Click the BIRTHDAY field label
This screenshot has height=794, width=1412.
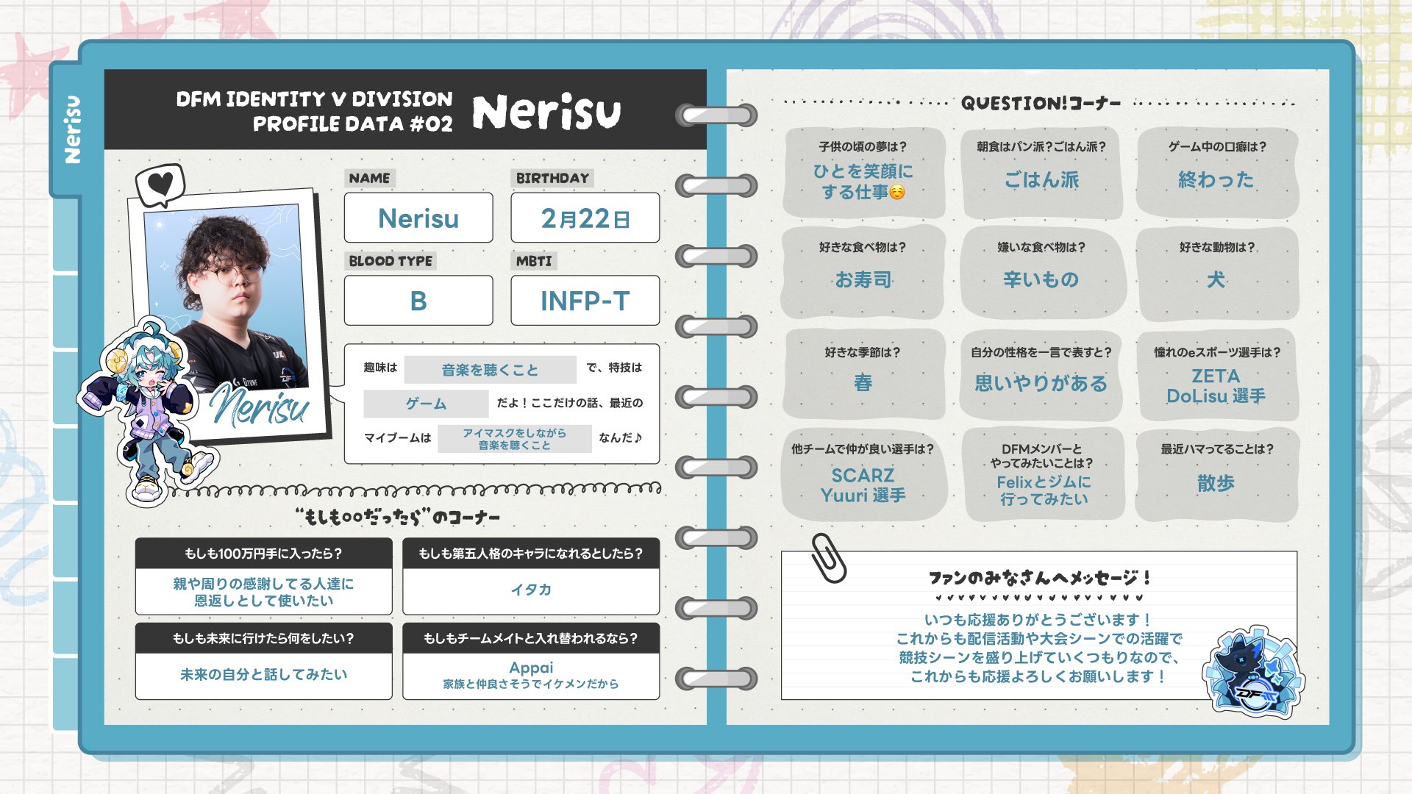(552, 178)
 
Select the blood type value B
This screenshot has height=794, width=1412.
(418, 301)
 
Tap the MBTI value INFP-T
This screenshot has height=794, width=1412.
(585, 301)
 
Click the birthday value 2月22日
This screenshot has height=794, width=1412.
(585, 218)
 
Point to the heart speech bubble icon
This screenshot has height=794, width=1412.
(160, 185)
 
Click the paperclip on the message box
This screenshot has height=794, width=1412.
(829, 558)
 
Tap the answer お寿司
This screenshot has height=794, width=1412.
(863, 279)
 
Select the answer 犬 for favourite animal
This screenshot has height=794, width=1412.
(1216, 279)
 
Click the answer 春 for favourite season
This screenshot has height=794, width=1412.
(863, 382)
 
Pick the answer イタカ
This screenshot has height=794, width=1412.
(531, 590)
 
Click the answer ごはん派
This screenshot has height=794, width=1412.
(1041, 179)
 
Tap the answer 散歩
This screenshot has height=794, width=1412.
(1216, 483)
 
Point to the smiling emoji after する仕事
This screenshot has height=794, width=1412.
(897, 193)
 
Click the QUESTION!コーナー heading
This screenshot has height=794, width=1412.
(1041, 103)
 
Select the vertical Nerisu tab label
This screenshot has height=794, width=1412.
(72, 129)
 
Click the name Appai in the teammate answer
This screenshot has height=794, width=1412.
(531, 668)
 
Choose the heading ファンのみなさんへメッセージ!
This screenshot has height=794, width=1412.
(1039, 578)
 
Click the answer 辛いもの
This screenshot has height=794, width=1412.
(1041, 279)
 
